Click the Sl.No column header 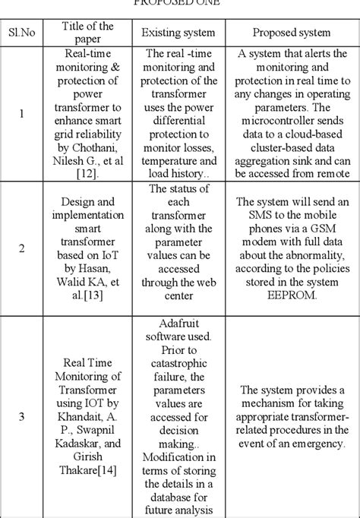(22, 33)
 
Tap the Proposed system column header (292, 33)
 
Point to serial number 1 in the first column (21, 114)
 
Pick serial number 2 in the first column (21, 248)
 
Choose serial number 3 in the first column (21, 415)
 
